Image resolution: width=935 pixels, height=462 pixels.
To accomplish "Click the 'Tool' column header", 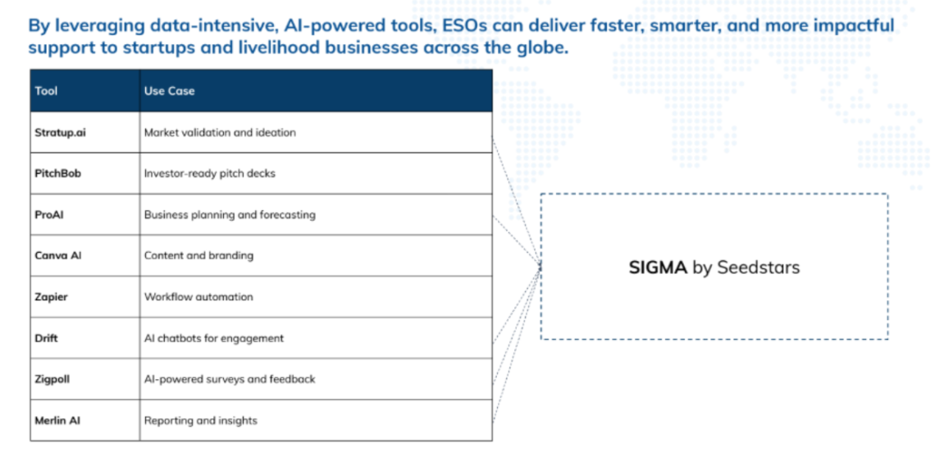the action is [46, 91].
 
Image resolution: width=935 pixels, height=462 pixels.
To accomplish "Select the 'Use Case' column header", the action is [169, 91].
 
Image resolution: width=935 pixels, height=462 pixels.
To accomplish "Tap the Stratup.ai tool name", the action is [60, 132].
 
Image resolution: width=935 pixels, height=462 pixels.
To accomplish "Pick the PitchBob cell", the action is [58, 174].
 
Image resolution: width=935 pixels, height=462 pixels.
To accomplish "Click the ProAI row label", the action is [49, 215].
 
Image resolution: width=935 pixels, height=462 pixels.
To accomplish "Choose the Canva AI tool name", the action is [58, 255].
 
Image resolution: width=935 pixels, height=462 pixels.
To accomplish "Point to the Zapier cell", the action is [52, 297].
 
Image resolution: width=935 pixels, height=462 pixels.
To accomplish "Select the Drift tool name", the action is [47, 338].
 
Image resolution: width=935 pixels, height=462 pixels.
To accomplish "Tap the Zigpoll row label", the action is [52, 380].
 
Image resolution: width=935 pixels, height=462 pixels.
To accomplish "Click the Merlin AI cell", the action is [57, 421].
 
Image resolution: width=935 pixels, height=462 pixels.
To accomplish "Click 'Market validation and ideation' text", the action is [220, 132].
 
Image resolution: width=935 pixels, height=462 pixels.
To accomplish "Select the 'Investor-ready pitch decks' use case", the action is [210, 174].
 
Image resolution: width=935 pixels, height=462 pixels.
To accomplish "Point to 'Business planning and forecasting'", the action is [230, 215].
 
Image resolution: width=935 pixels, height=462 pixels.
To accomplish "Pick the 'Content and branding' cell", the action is [198, 255].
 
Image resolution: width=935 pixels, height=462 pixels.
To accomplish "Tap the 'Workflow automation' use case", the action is [198, 297].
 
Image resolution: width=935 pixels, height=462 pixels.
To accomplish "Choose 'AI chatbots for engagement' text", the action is [214, 338].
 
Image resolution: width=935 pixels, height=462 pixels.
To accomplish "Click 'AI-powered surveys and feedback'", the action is [230, 380].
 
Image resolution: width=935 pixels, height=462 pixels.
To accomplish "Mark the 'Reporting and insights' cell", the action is [201, 421].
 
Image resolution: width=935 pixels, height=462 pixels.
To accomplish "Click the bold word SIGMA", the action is [659, 268].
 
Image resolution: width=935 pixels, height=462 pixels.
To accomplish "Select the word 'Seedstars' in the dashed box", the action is [758, 268].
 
